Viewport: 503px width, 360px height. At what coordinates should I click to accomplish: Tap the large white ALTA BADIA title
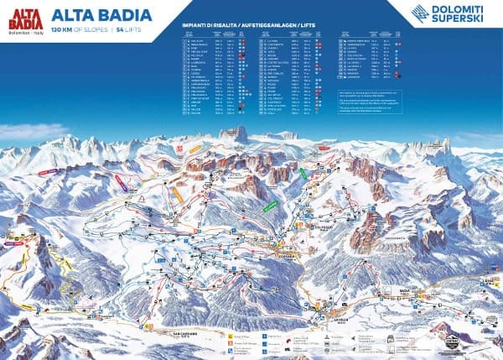pos(102,14)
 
